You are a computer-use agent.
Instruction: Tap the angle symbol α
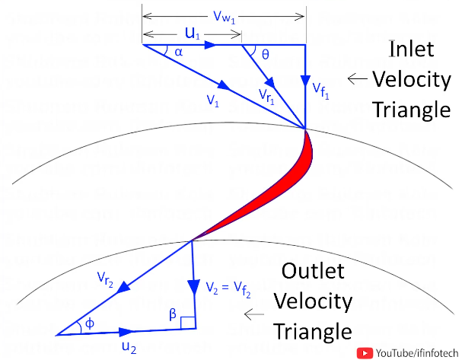(178, 53)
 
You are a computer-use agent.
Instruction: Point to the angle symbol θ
(265, 55)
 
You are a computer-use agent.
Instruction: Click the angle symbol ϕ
(89, 323)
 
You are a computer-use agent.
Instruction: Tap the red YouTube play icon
(365, 352)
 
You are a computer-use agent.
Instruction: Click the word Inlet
(412, 50)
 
